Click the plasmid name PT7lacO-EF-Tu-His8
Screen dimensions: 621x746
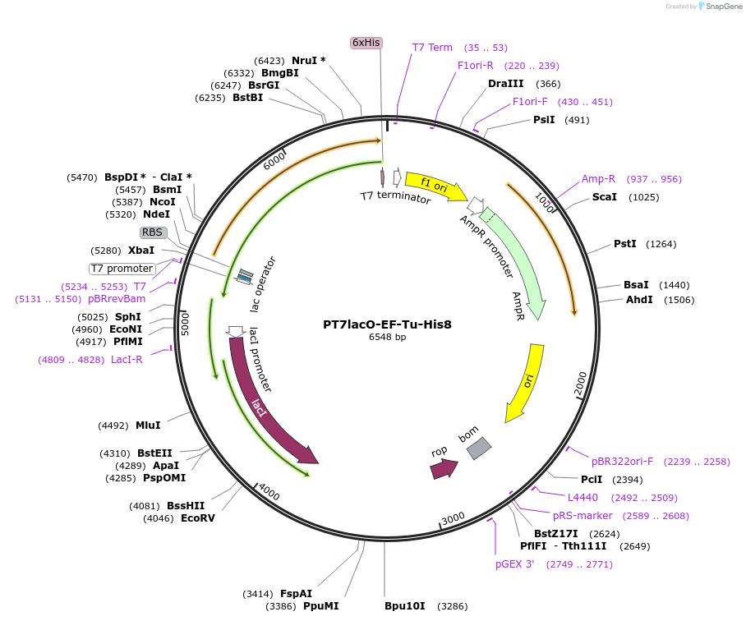point(387,324)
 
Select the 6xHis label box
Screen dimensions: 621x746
point(366,43)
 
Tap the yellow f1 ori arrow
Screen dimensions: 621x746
point(435,186)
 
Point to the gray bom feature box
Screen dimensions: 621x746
point(479,448)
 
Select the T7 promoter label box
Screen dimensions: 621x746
point(122,269)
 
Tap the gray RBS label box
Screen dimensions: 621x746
point(154,232)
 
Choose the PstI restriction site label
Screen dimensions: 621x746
point(625,244)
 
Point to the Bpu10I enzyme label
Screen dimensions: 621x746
point(404,606)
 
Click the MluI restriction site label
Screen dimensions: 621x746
point(148,425)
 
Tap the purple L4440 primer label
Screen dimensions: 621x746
point(583,497)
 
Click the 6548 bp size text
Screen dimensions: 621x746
point(387,337)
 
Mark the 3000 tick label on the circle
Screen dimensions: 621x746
point(454,518)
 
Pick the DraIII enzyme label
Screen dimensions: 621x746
point(505,84)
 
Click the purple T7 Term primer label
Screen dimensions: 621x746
point(432,48)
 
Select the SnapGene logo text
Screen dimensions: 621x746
point(723,6)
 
